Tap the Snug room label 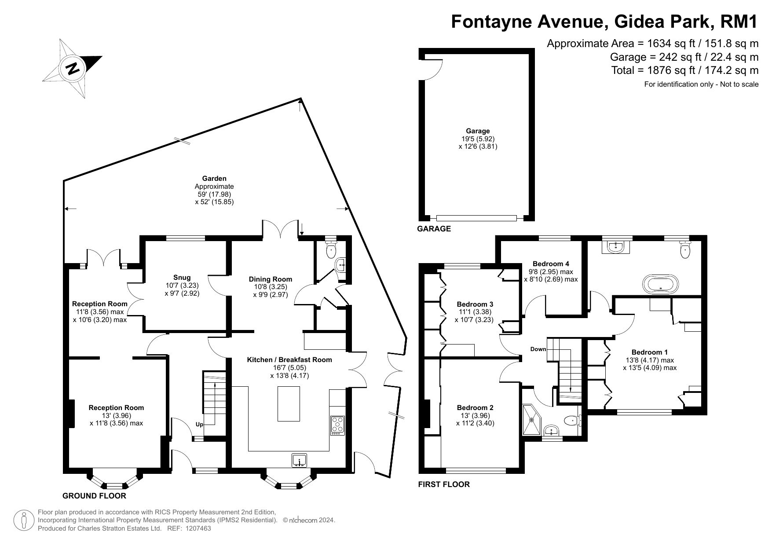pos(182,277)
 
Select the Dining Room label pos(271,279)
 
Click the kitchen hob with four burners pos(338,425)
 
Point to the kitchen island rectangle pos(289,404)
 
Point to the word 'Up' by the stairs pos(200,425)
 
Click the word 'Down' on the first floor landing pos(538,349)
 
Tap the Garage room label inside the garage pos(478,131)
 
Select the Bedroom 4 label pos(551,264)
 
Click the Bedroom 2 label pos(475,407)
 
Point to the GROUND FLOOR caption pos(94,496)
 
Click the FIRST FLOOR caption pos(444,484)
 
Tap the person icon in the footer pos(24,520)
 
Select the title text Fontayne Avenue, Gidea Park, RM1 pos(605,21)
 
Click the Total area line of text pos(685,70)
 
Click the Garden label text pos(214,178)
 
